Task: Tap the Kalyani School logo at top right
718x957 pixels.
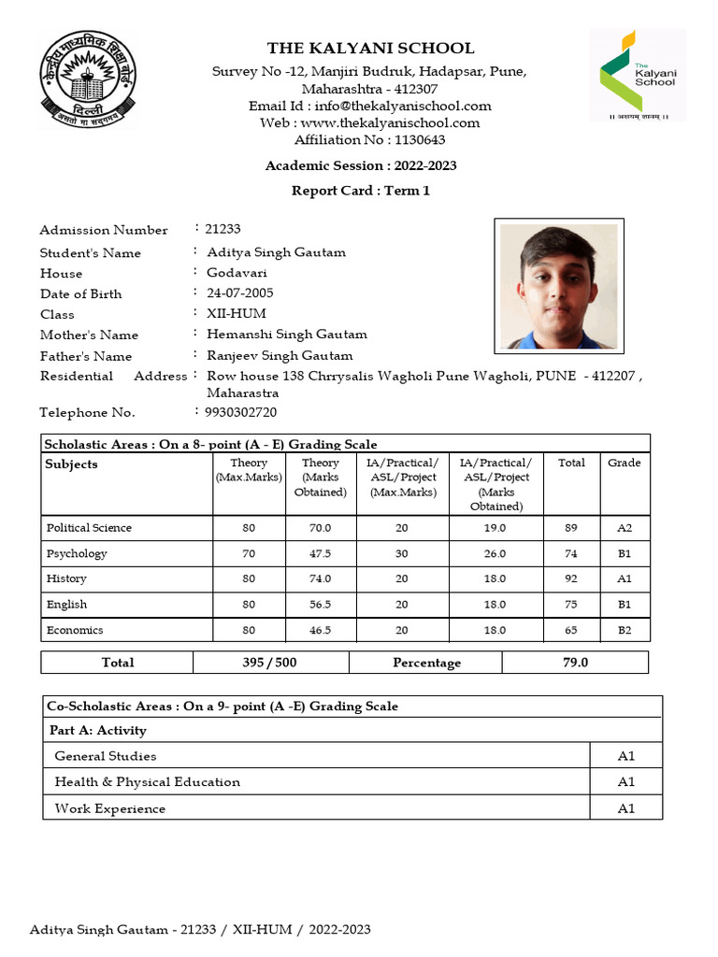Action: coord(637,75)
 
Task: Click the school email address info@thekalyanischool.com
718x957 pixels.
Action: coord(369,106)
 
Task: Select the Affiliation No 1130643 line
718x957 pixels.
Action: coord(369,140)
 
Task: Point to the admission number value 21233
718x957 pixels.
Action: coord(223,229)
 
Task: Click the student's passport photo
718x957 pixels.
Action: coord(558,286)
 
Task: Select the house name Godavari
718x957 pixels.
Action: coord(237,273)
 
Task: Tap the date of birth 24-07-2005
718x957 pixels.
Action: coord(239,293)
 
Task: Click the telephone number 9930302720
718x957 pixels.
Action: coord(241,412)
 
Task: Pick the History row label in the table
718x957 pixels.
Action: coord(66,578)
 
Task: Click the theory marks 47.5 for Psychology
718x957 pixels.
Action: coord(320,553)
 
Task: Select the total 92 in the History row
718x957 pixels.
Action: coord(570,578)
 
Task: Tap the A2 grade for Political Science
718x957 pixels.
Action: coord(625,528)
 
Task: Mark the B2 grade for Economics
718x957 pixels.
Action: coord(625,630)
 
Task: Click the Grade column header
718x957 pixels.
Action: coord(625,463)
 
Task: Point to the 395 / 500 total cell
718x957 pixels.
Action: coord(270,663)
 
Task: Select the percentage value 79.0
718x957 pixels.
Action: coord(575,663)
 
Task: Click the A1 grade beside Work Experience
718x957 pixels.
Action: coord(625,808)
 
